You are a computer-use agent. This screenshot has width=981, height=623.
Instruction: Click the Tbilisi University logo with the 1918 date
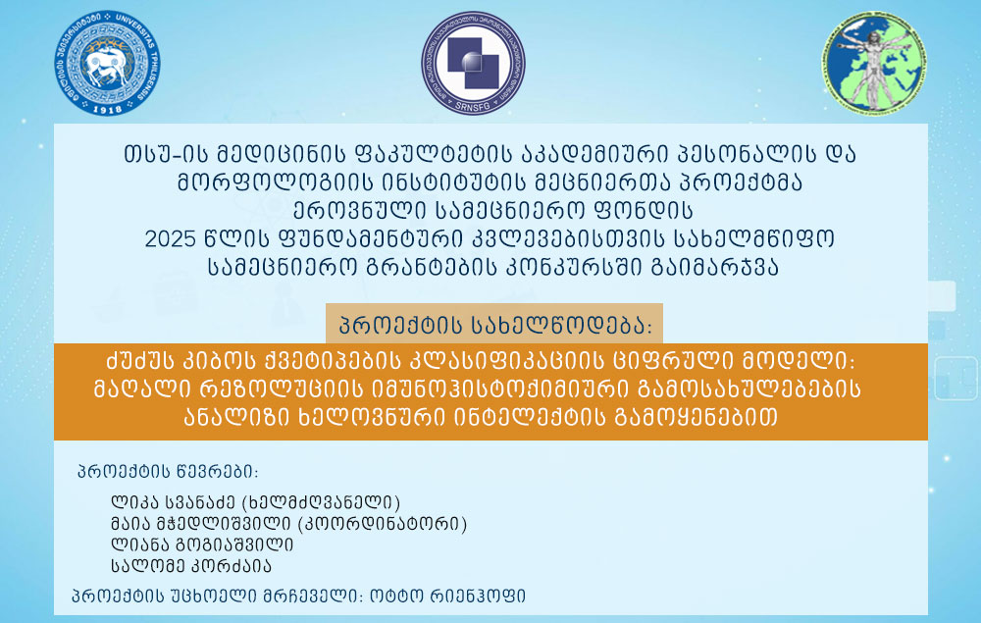click(x=107, y=63)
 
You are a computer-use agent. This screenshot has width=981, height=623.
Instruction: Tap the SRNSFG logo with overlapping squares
click(x=473, y=63)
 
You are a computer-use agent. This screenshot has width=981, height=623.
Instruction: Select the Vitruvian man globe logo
click(x=874, y=63)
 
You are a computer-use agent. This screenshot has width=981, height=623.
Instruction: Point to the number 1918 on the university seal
click(x=107, y=109)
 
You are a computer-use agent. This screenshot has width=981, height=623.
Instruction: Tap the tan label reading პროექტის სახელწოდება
click(x=494, y=324)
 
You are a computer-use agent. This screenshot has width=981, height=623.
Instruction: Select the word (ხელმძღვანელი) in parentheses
click(x=321, y=502)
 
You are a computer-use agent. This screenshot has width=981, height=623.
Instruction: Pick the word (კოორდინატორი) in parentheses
click(x=382, y=524)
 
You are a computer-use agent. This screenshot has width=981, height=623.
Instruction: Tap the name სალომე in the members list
click(x=147, y=566)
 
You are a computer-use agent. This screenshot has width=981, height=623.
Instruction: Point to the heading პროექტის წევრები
click(x=167, y=472)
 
